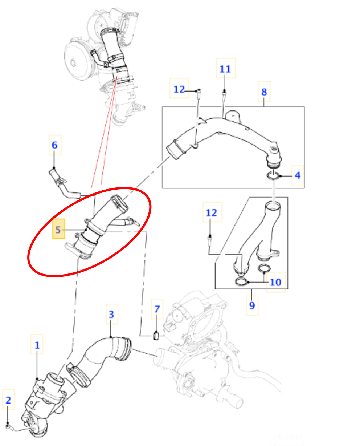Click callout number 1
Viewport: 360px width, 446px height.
[37, 345]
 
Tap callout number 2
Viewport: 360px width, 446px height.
[8, 400]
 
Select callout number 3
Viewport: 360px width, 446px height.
[111, 314]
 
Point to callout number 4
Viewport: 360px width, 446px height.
[298, 175]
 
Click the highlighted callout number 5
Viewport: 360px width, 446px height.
[58, 229]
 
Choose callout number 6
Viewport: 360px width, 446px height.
[54, 145]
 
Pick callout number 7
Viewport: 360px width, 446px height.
[157, 309]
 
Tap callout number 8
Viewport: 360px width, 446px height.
[264, 92]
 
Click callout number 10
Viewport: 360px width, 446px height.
[276, 282]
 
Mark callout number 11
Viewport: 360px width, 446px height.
[225, 69]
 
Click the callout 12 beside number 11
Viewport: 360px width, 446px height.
[179, 89]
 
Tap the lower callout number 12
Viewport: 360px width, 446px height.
[212, 212]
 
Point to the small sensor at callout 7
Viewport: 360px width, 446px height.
[156, 336]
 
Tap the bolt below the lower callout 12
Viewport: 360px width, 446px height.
[210, 240]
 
